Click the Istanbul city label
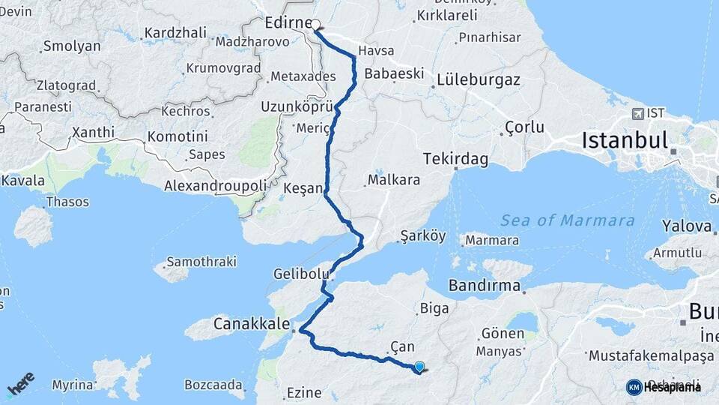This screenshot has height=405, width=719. click(624, 140)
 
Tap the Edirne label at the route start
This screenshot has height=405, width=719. click(288, 22)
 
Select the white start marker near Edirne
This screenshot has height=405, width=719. click(316, 24)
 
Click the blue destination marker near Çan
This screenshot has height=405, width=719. click(419, 367)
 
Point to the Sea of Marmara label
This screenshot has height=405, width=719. click(568, 220)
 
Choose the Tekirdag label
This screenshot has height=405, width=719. click(455, 159)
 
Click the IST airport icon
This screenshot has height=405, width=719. click(637, 114)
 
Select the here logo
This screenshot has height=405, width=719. click(21, 385)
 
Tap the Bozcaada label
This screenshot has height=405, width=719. click(215, 385)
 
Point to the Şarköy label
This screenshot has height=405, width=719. click(423, 235)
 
